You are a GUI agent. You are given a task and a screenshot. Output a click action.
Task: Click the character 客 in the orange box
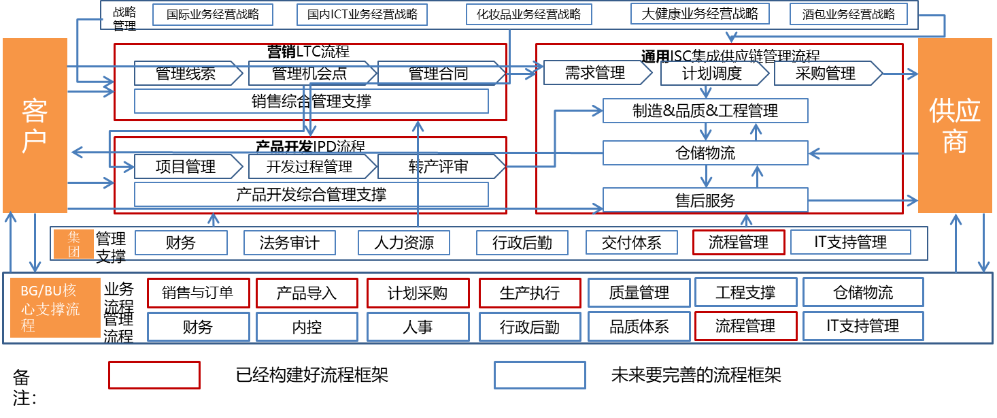(x=35, y=110)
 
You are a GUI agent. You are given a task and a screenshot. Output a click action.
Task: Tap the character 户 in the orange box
(x=35, y=140)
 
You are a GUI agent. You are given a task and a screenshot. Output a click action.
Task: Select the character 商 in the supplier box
(x=955, y=141)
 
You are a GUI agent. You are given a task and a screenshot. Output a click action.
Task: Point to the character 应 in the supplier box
(x=968, y=110)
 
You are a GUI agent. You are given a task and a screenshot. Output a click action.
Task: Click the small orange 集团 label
(x=74, y=244)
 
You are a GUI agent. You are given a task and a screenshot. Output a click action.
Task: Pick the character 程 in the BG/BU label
(x=28, y=325)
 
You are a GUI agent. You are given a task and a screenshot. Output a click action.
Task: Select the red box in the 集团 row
(x=739, y=242)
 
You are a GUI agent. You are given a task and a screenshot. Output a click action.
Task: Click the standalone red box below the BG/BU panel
(x=154, y=375)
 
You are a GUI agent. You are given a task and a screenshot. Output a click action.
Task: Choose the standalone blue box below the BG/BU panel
(x=540, y=375)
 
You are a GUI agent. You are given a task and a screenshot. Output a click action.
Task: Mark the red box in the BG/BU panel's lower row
(x=745, y=326)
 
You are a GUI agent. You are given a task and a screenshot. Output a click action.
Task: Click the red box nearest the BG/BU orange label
(x=199, y=293)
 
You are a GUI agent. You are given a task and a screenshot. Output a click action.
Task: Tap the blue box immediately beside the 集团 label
(x=181, y=242)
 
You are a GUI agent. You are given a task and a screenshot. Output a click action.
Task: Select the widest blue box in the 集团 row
(x=850, y=242)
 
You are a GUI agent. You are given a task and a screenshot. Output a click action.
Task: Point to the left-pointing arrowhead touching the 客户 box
(x=75, y=152)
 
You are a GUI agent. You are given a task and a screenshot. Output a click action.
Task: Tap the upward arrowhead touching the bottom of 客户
(x=10, y=217)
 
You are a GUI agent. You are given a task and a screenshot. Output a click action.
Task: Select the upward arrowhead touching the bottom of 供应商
(x=956, y=219)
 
